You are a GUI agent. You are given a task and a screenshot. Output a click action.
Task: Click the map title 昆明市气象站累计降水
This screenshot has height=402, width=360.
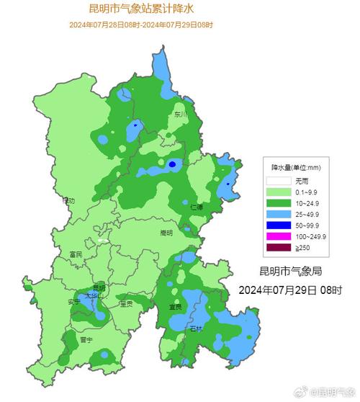[x=141, y=9]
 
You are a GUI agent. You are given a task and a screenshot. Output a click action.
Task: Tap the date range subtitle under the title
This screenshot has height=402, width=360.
[x=141, y=25]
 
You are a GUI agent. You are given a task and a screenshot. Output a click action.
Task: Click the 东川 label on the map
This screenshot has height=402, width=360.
[x=179, y=114]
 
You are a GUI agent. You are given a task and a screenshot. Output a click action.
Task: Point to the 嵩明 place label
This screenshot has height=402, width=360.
[x=166, y=233]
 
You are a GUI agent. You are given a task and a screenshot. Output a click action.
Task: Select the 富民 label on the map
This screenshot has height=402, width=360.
[x=76, y=254]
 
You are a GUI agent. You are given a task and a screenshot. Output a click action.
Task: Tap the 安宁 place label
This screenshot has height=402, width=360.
[x=73, y=300]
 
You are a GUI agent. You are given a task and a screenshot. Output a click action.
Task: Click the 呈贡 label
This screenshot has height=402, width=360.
[x=126, y=303]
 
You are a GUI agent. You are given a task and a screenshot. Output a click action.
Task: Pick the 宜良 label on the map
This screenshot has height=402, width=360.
[x=175, y=306]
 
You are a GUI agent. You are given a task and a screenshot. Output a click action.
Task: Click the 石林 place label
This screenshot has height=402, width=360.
[x=196, y=328]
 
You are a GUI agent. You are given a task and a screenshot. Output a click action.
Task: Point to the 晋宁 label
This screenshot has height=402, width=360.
[x=86, y=339]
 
